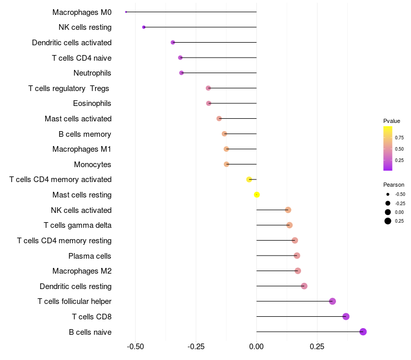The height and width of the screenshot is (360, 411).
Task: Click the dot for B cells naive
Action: [x=363, y=332]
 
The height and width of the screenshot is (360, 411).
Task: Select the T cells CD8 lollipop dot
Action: [x=346, y=316]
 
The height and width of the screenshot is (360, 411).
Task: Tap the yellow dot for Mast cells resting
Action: [x=257, y=194]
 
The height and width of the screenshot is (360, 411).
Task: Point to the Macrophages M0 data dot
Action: [x=126, y=12]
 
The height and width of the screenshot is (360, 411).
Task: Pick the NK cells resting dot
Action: [x=144, y=27]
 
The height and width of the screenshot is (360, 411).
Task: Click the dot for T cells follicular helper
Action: [x=332, y=301]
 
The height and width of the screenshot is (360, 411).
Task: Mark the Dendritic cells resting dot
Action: [x=304, y=286]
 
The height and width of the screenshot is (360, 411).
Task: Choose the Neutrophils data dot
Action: [x=181, y=73]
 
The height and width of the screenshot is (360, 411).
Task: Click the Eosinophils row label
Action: [x=92, y=103]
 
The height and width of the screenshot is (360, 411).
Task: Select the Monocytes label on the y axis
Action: [x=92, y=165]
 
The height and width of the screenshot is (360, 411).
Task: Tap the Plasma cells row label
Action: [x=90, y=256]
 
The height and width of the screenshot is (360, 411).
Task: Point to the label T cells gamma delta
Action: [x=78, y=225]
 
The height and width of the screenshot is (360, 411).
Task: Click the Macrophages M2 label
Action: [x=82, y=271]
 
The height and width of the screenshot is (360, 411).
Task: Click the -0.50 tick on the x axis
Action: [x=135, y=347]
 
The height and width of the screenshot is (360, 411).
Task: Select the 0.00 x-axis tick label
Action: [x=256, y=347]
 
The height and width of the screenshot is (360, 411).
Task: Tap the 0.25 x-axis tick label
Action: [x=317, y=347]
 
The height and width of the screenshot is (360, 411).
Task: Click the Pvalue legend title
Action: [x=391, y=121]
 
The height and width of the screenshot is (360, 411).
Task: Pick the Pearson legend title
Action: [x=394, y=184]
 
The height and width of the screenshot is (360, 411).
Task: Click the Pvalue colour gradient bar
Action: [x=388, y=148]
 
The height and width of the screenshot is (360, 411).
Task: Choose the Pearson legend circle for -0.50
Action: [x=388, y=194]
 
